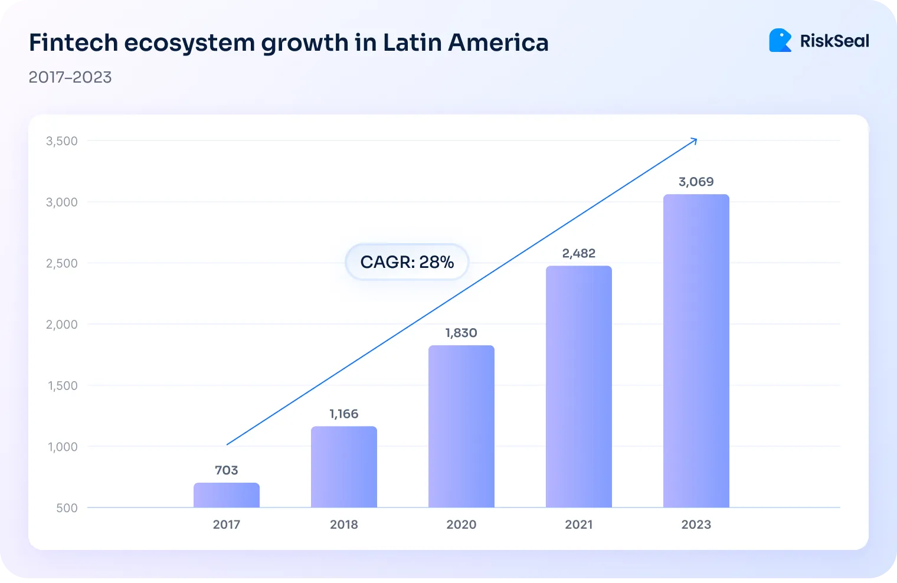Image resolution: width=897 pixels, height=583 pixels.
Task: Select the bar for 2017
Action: pos(227,495)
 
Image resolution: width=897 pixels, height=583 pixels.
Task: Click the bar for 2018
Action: pos(344,467)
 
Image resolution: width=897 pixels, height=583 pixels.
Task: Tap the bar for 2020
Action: pos(461,426)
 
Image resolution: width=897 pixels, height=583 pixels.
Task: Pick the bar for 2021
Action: pos(579,387)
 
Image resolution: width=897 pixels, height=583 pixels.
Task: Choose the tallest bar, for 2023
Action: pos(696,351)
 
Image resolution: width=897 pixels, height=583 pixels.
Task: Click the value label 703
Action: pos(227,470)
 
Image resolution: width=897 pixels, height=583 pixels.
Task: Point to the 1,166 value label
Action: pos(344,414)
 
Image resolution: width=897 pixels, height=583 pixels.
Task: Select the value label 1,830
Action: pos(461,333)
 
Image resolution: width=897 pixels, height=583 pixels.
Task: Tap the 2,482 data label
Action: pos(579,253)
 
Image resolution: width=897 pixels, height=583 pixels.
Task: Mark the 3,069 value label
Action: pos(696,182)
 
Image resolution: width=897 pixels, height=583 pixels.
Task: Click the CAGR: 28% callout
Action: pos(407,262)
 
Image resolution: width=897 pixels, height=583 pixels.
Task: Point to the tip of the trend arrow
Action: pos(696,139)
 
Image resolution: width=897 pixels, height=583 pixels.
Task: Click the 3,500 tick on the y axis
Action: pos(62,141)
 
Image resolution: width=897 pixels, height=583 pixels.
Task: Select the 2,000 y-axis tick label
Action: pos(62,325)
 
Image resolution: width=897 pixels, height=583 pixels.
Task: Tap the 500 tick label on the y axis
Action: pos(67,508)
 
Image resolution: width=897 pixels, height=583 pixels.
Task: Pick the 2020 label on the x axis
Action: pos(461,525)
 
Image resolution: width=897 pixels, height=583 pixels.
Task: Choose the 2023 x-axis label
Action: pos(696,525)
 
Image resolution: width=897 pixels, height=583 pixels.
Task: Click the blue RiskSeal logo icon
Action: pos(780,41)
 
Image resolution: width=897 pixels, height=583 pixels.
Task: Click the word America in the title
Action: pos(498,42)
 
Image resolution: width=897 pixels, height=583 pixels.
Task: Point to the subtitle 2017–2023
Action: pos(70,77)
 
